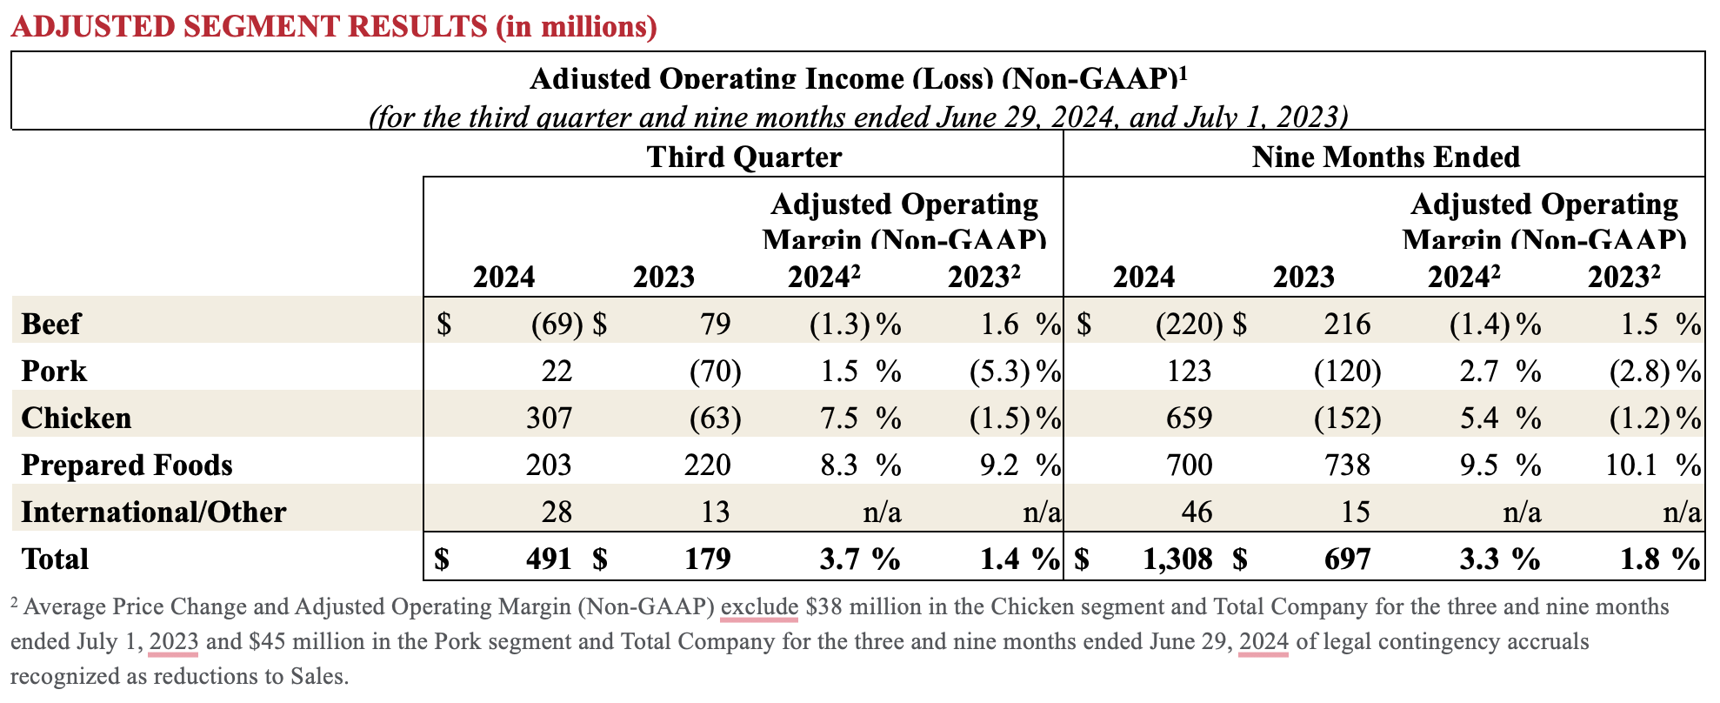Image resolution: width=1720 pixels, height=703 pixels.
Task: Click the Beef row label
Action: pos(50,324)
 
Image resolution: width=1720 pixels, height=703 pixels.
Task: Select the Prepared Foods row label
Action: pos(127,465)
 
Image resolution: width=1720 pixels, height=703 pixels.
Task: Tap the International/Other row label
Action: pos(153,512)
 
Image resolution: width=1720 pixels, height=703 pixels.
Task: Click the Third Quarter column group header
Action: pos(743,157)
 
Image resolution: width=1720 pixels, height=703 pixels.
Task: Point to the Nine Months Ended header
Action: pos(1385,157)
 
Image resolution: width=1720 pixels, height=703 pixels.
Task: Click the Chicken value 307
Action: pos(549,418)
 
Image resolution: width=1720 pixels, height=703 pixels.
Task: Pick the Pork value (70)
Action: pos(715,371)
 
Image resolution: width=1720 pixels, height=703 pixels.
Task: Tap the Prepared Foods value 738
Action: pos(1347,465)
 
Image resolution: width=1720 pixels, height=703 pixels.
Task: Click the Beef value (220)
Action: pos(1188,324)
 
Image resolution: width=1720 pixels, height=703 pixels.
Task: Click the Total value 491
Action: pos(549,559)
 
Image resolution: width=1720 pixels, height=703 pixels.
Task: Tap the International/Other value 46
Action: pos(1197,512)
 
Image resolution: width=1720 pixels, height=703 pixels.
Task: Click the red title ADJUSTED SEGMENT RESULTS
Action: pos(334,26)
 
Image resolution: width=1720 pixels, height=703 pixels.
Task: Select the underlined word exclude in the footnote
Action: pos(759,606)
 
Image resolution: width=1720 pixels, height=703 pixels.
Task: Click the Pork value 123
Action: pos(1189,371)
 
